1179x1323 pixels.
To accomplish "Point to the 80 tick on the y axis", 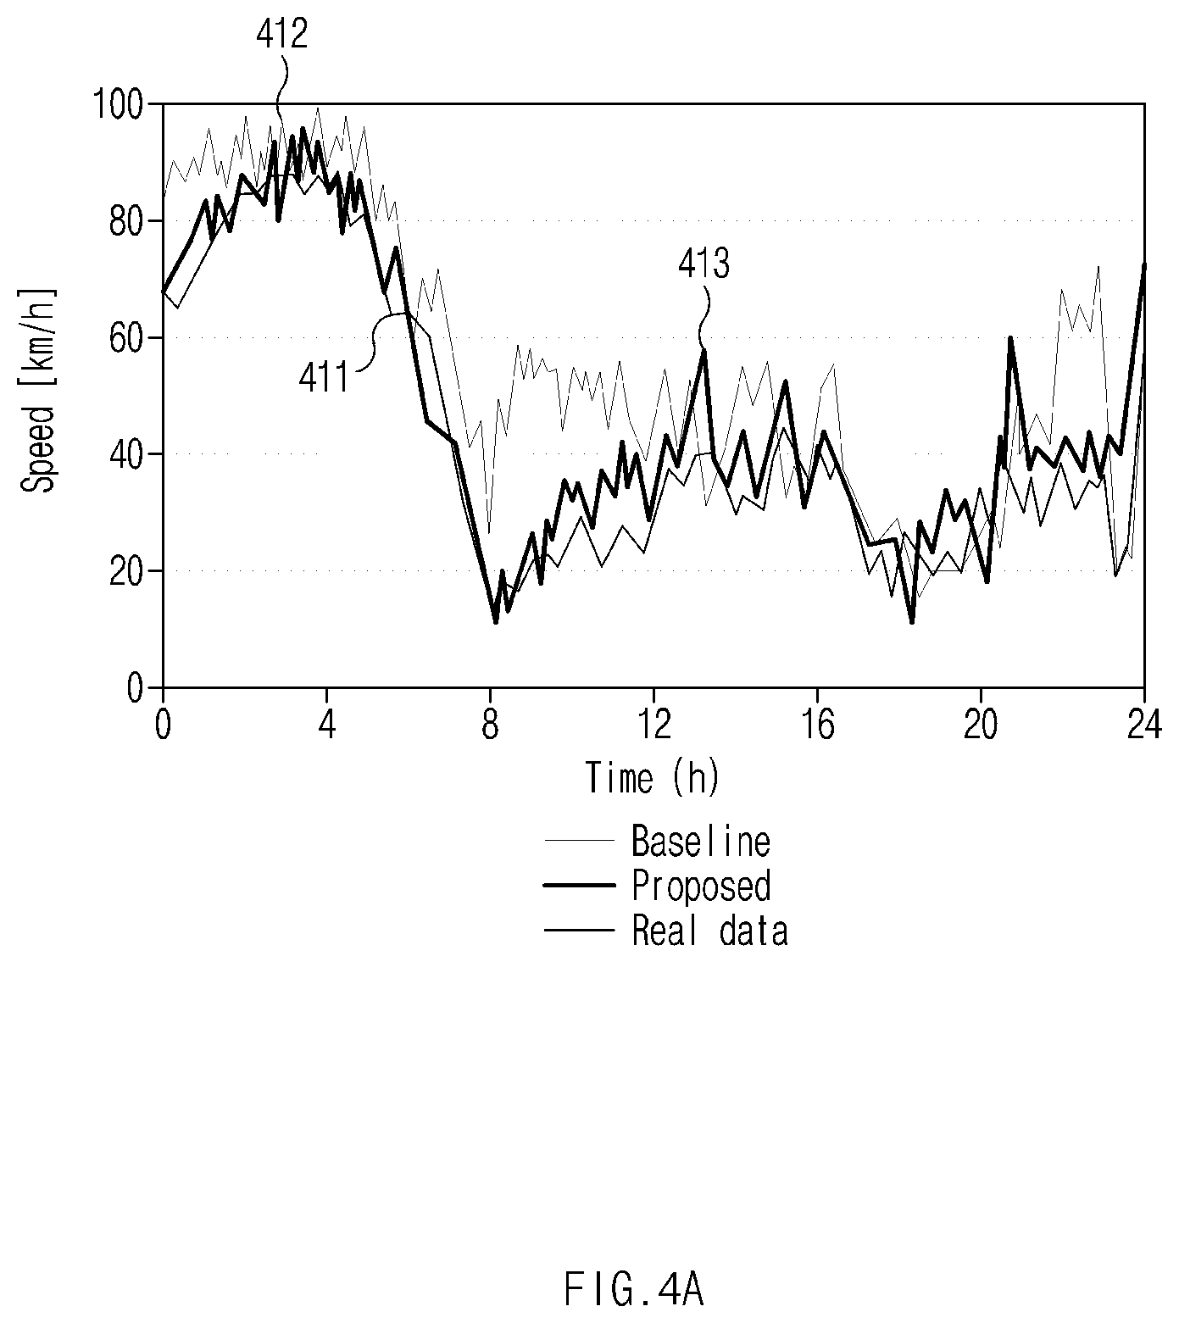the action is [x=131, y=220].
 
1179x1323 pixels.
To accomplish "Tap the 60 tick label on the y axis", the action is [x=131, y=337].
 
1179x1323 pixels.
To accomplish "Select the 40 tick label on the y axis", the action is [x=131, y=454].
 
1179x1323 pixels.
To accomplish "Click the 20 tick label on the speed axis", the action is [x=131, y=571].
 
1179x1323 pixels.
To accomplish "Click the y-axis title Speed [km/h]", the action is [x=38, y=390].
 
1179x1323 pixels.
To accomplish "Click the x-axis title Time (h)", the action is [x=653, y=777].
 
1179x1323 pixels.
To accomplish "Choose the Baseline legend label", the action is [x=701, y=841].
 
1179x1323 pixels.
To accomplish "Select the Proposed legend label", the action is [x=701, y=886].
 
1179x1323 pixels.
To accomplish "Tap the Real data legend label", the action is [x=710, y=930].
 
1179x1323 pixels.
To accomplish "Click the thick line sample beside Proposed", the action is [x=579, y=886].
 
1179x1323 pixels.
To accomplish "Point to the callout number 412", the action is [x=282, y=35].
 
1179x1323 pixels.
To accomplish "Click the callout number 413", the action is [x=704, y=265].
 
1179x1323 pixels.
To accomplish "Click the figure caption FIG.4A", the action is [x=632, y=1292].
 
